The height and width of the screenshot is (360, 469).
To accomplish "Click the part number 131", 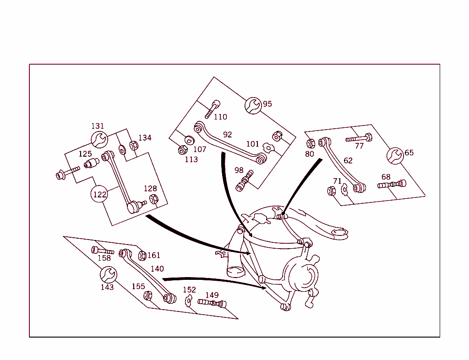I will point(98,126).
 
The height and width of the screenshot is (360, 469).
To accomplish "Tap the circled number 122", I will point(100,194).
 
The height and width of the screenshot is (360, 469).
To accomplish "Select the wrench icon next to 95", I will point(252,106).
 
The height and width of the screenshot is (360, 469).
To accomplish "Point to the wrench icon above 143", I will point(109,275).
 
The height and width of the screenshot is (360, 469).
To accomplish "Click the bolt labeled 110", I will point(213,109).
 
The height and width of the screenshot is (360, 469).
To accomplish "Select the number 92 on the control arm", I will point(228,135).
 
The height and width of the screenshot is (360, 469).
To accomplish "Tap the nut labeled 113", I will point(181,150).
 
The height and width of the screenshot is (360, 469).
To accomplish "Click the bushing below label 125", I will point(92,164).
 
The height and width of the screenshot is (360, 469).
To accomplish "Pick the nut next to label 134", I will point(133,146).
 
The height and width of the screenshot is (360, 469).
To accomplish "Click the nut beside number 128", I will point(154,199).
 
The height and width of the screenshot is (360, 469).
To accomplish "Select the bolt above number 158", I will point(103,251).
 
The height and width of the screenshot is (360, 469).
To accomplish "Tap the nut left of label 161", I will point(142,256).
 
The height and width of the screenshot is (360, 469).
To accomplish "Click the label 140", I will point(157,269).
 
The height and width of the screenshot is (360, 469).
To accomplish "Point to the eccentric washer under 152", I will point(188,300).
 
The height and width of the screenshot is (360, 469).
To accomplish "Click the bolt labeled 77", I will point(359,137).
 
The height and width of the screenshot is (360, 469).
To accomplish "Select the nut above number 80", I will point(311,143).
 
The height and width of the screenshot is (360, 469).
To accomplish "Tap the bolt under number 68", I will point(392,185).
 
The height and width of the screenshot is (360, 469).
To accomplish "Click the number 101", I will point(253,144).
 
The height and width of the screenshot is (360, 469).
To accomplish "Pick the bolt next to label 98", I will point(244,181).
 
